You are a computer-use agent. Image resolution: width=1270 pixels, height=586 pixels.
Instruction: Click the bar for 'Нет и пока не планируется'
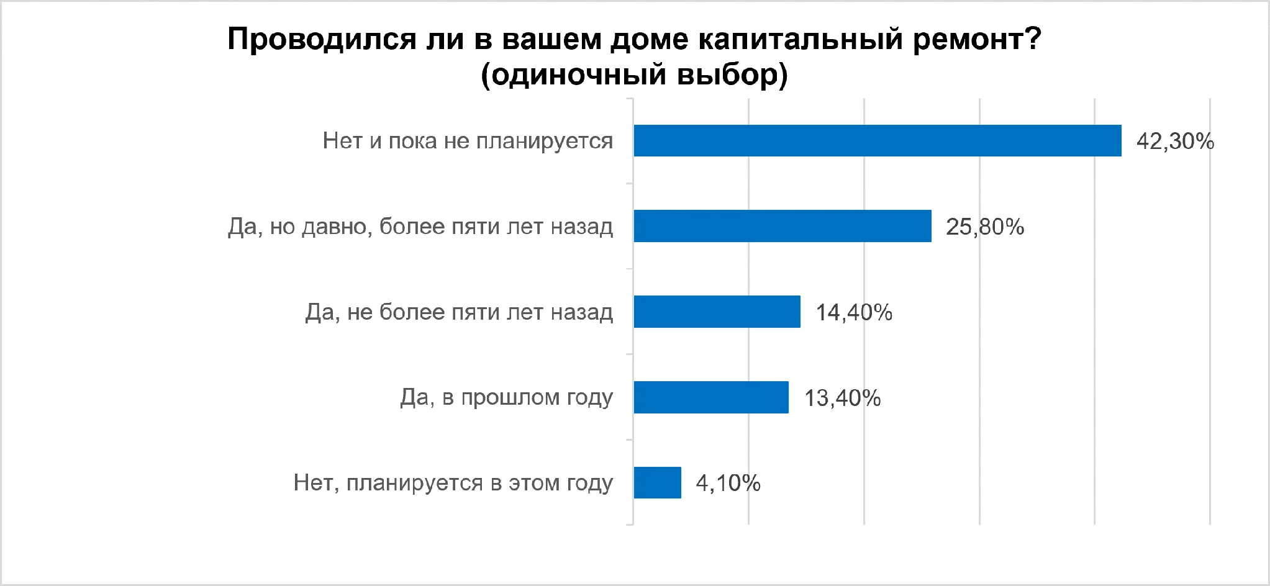click(878, 140)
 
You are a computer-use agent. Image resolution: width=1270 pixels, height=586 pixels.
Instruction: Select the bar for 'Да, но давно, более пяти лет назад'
click(782, 226)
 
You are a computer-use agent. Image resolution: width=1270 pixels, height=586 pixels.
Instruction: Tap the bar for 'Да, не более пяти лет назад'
click(717, 312)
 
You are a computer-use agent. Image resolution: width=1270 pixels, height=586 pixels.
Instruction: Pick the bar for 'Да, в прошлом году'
click(711, 397)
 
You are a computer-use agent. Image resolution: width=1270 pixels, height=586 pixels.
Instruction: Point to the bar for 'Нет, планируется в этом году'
click(658, 482)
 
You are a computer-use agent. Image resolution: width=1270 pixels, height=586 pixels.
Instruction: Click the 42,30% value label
click(1175, 142)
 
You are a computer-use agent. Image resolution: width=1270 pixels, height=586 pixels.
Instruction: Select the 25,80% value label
click(985, 227)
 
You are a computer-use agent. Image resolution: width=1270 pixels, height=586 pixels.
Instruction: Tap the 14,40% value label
click(854, 313)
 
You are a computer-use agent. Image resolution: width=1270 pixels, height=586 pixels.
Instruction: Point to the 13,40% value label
click(843, 399)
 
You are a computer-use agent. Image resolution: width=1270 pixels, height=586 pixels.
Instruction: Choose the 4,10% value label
click(728, 484)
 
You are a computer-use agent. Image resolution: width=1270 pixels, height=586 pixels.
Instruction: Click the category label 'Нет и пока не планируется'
click(468, 142)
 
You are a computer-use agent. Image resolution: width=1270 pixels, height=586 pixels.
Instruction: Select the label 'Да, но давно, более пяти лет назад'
click(420, 227)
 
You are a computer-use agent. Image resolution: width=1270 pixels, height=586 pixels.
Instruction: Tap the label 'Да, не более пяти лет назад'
click(459, 312)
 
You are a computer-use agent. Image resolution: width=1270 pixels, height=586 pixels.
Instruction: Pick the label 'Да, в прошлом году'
click(507, 398)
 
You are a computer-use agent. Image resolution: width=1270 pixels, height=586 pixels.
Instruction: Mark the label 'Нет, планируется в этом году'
click(453, 484)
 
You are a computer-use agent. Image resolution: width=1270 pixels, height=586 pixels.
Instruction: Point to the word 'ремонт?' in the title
click(977, 39)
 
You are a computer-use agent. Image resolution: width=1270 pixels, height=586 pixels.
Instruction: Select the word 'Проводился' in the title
click(322, 39)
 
